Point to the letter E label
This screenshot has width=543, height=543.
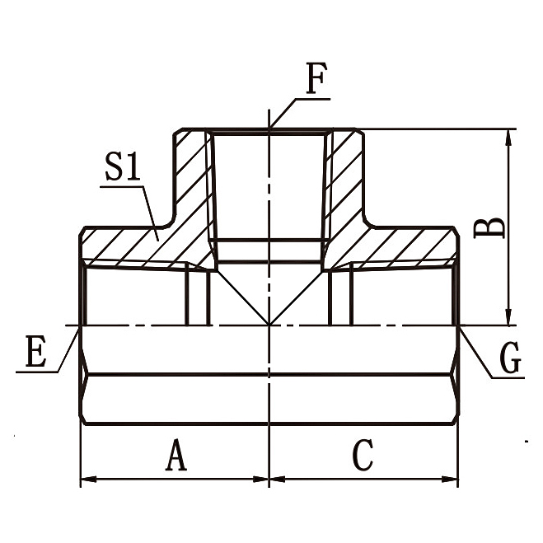click(x=35, y=353)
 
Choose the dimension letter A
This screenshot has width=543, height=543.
click(x=175, y=455)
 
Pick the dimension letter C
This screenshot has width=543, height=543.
click(x=363, y=455)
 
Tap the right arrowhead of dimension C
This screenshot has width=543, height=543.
click(x=452, y=478)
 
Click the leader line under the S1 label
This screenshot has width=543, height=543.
click(x=147, y=206)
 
